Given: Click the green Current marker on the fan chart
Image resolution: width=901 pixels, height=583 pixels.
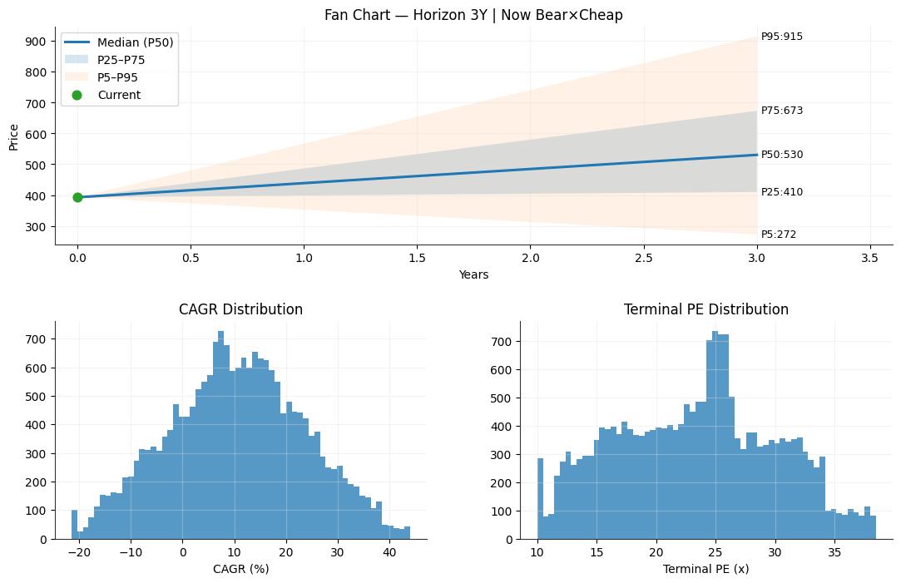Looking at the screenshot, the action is (x=77, y=198).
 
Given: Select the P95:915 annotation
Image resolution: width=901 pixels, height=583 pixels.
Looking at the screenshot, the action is (x=781, y=37).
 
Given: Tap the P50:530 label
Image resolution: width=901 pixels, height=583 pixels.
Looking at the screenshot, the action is (x=781, y=155).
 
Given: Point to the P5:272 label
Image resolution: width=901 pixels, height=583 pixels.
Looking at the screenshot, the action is (x=779, y=235).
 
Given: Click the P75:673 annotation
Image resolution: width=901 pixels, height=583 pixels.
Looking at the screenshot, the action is (x=781, y=111).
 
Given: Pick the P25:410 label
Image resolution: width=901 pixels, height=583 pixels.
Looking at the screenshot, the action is (x=781, y=192).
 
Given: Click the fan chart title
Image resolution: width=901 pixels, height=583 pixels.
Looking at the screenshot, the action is (x=473, y=15).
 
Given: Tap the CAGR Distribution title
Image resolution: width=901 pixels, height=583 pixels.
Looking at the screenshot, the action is (x=240, y=309).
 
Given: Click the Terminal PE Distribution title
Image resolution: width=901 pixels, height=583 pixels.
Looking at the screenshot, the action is (x=706, y=309).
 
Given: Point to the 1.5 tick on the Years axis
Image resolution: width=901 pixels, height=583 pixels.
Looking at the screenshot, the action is (x=417, y=258).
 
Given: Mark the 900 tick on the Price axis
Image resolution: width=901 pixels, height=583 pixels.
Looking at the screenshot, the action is (x=36, y=42).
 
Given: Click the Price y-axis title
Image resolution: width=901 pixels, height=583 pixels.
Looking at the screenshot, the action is (x=14, y=138).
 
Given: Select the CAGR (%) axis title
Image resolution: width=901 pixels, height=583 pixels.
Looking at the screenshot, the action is (x=240, y=569).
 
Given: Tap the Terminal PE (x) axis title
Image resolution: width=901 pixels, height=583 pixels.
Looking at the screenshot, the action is (x=706, y=569).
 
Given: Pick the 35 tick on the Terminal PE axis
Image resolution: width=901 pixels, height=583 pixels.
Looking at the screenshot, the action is (x=834, y=552).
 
